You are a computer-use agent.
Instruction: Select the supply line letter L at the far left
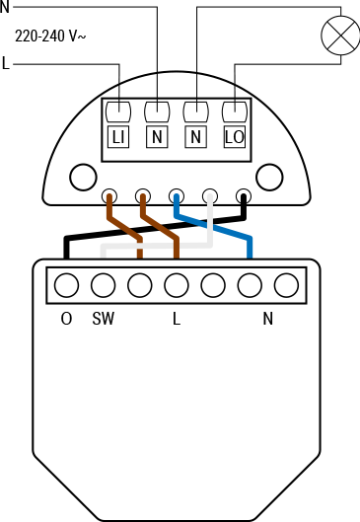[7, 65]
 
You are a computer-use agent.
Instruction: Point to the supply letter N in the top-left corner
[4, 6]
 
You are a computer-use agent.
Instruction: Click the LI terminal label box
[118, 138]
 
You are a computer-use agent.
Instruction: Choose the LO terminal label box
[234, 138]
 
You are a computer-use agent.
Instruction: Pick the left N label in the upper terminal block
[157, 138]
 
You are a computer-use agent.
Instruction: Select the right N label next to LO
[195, 138]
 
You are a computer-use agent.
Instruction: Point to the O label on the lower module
[66, 319]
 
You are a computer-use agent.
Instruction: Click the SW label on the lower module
[103, 319]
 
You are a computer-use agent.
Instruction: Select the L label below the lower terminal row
[177, 319]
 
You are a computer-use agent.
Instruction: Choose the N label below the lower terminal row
[267, 319]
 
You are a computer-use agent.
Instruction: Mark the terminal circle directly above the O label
[66, 285]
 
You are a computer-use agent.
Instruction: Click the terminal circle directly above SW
[103, 285]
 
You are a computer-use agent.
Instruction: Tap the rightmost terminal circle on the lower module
[286, 285]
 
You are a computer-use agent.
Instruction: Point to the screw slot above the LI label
[118, 111]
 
